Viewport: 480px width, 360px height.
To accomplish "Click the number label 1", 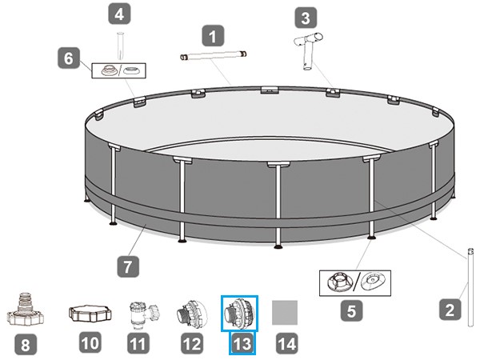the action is tap(213, 37).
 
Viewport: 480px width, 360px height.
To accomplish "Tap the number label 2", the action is tap(450, 310).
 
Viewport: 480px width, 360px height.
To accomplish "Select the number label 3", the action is tap(306, 18).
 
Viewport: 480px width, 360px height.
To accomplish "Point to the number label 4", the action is tap(119, 14).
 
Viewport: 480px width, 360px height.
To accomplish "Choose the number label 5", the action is tap(351, 310).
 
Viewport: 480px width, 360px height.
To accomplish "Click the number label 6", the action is tap(69, 58).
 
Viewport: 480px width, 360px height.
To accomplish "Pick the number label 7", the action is tap(128, 267).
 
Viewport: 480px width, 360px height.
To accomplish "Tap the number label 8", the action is tap(26, 344).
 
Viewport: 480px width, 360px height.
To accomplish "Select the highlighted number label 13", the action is tap(242, 343).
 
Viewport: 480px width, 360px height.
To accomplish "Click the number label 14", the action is tap(287, 343).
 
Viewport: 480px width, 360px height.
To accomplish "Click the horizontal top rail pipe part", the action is tap(213, 55).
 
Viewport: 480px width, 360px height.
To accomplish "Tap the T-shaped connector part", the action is tap(308, 51).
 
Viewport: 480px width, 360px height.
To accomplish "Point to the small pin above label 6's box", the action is tap(120, 46).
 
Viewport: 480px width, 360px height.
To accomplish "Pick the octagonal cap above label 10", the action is tap(90, 314).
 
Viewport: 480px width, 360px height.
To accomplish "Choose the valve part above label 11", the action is tap(144, 315).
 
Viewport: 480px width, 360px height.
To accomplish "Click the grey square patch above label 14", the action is tap(285, 313).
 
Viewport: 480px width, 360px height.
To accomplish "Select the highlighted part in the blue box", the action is tap(239, 314).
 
